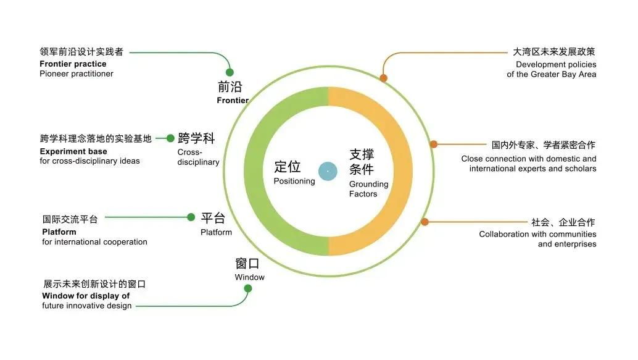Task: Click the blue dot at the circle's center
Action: pyautogui.click(x=328, y=172)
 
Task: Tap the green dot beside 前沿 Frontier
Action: pyautogui.click(x=230, y=72)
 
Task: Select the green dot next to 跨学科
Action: pyautogui.click(x=170, y=138)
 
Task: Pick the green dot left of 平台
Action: pyautogui.click(x=191, y=217)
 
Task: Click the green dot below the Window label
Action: pyautogui.click(x=247, y=288)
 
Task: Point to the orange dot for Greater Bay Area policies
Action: pyautogui.click(x=384, y=78)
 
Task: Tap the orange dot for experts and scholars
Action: pyautogui.click(x=434, y=144)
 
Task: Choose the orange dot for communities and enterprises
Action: pyautogui.click(x=425, y=222)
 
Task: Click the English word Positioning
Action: pyautogui.click(x=294, y=181)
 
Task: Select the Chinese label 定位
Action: pyautogui.click(x=288, y=167)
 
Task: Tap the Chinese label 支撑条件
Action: pyautogui.click(x=362, y=162)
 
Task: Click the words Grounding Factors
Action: pyautogui.click(x=368, y=189)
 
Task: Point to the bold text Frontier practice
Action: pyautogui.click(x=73, y=64)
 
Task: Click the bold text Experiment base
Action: pyautogui.click(x=73, y=151)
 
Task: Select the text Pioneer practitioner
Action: pyautogui.click(x=77, y=73)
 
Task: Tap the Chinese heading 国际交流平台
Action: pyautogui.click(x=70, y=219)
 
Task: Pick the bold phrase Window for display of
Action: pyautogui.click(x=86, y=296)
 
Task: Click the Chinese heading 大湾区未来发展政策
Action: pyautogui.click(x=554, y=52)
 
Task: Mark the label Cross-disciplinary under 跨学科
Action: pyautogui.click(x=198, y=157)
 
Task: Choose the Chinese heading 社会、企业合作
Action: pyautogui.click(x=563, y=222)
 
